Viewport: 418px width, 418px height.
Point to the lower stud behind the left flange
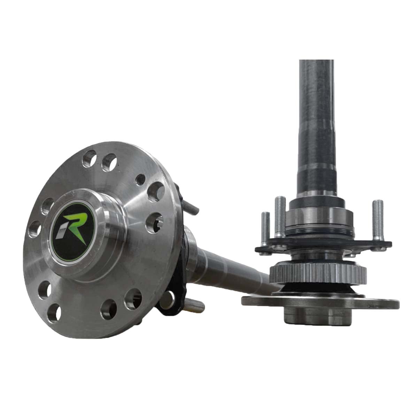(x=195, y=306)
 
